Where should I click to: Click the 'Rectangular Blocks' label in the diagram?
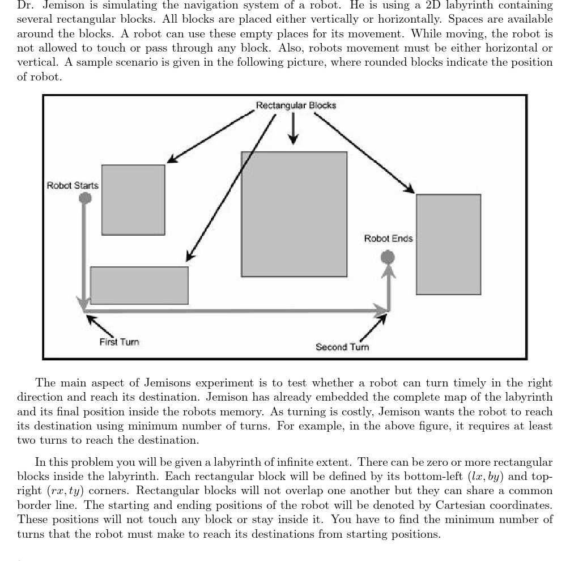295,105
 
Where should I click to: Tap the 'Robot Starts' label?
72,185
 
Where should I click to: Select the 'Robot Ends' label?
388,239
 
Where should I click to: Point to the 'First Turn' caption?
119,342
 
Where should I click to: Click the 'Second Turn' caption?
342,347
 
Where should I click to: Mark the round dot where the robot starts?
85,198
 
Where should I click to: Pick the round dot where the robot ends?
388,258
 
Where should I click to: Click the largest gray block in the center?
294,214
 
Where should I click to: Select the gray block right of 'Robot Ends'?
448,244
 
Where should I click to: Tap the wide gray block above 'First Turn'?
139,286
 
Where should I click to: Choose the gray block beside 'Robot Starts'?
133,199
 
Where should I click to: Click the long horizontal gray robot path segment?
232,311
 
